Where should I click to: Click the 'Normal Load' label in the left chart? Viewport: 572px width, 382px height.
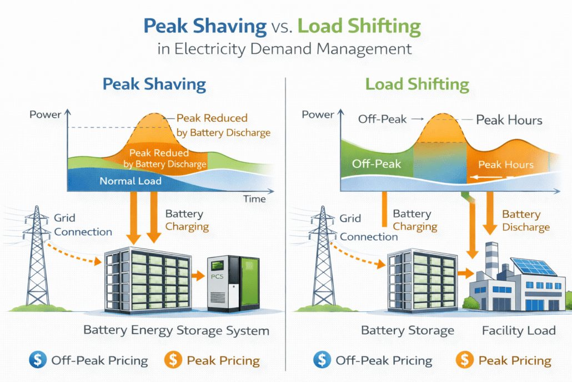pyautogui.click(x=131, y=181)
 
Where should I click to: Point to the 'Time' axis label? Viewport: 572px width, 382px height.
pyautogui.click(x=254, y=199)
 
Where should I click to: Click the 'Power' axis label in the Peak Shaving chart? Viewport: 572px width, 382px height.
pyautogui.click(x=46, y=115)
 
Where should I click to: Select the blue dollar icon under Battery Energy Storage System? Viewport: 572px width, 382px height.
pyautogui.click(x=38, y=360)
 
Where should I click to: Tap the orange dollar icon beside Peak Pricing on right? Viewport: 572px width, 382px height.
pyautogui.click(x=464, y=360)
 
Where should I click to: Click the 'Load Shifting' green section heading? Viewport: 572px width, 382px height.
pyautogui.click(x=417, y=85)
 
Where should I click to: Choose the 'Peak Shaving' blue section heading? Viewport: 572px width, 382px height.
pyautogui.click(x=154, y=85)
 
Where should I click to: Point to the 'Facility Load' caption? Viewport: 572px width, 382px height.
pyautogui.click(x=519, y=330)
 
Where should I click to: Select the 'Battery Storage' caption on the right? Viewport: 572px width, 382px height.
pyautogui.click(x=408, y=330)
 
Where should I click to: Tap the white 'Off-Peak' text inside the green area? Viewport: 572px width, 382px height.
pyautogui.click(x=377, y=164)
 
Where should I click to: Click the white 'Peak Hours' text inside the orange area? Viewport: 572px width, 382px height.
pyautogui.click(x=506, y=165)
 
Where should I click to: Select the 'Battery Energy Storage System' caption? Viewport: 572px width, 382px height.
pyautogui.click(x=176, y=330)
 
